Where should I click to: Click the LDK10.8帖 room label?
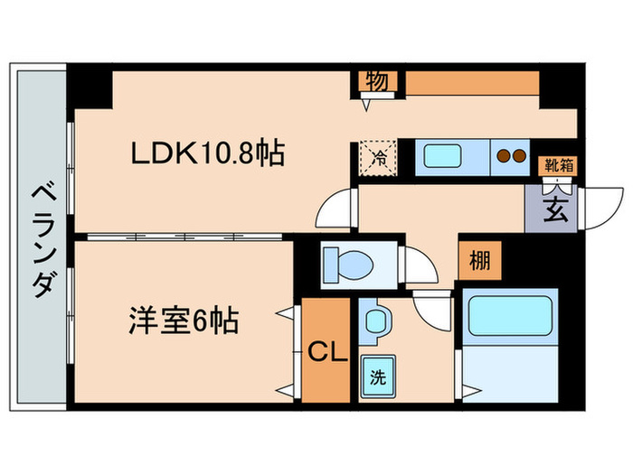coord(208,153)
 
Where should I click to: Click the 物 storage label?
coord(377,81)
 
